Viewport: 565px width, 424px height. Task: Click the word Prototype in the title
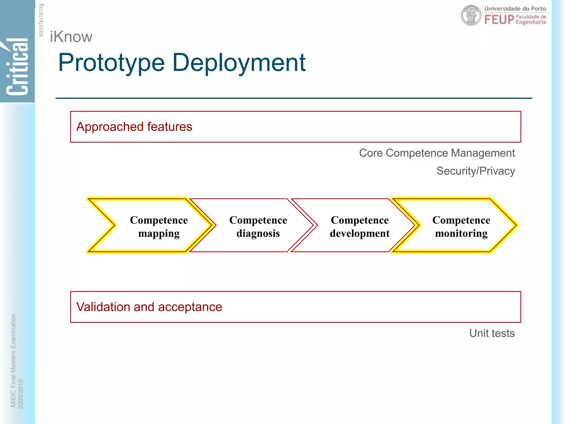pos(111,63)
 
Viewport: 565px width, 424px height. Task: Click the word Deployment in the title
pos(239,63)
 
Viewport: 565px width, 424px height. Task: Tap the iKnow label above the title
pos(71,37)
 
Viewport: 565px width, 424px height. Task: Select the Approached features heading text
pos(134,127)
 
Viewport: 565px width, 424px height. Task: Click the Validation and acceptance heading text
pos(149,307)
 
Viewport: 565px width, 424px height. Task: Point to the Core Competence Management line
pos(437,153)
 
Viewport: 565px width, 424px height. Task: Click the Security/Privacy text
pos(475,171)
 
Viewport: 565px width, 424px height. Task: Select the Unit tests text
pos(492,333)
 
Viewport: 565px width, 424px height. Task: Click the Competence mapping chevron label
pos(159,227)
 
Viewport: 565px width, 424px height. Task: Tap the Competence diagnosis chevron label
pos(258,227)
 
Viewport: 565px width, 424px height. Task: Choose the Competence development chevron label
pos(359,227)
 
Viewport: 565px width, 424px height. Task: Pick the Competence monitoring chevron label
pos(461,227)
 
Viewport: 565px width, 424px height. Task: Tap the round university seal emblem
pos(471,15)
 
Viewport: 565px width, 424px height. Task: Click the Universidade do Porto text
pos(515,9)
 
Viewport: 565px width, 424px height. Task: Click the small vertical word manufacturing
pos(41,20)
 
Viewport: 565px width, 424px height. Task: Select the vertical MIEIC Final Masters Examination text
pos(13,360)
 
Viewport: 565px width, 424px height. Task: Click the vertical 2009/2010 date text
pos(21,394)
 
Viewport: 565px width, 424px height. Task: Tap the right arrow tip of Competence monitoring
pos(515,225)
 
